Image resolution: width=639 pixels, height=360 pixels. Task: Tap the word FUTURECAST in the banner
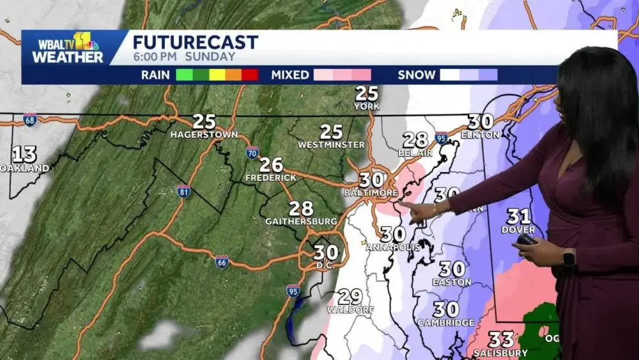[x=195, y=42]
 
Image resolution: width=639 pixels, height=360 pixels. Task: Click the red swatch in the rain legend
[x=250, y=75]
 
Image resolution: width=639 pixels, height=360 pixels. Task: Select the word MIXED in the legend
[x=290, y=75]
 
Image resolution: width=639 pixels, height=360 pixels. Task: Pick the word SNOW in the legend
[x=416, y=75]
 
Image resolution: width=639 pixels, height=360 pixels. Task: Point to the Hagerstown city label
[x=204, y=135]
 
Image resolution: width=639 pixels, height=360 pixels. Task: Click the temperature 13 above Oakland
[x=24, y=154]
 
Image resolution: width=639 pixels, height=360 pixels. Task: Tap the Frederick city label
[x=272, y=177]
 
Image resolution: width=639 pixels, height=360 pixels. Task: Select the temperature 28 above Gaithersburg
[x=301, y=208]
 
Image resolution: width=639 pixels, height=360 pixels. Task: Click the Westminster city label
[x=331, y=145]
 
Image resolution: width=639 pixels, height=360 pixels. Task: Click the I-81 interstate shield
[x=183, y=191]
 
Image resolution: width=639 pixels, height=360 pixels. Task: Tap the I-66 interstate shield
[x=222, y=262]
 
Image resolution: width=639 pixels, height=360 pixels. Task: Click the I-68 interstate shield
[x=30, y=120]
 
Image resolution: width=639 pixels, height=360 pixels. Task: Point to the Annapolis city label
[x=393, y=246]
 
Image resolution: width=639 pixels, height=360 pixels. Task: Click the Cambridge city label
[x=446, y=322]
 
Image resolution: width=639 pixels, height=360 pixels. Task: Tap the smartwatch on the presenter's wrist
[x=568, y=257]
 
